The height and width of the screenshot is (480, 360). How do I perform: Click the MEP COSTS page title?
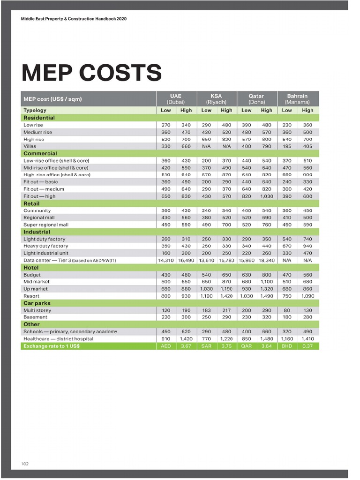pyautogui.click(x=91, y=73)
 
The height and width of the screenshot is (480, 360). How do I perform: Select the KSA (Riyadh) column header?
pyautogui.click(x=216, y=99)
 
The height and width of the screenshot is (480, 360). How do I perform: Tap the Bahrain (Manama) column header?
pyautogui.click(x=297, y=99)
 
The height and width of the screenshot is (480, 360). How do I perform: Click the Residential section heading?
pyautogui.click(x=39, y=118)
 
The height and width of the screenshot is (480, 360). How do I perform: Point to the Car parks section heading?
pyautogui.click(x=37, y=303)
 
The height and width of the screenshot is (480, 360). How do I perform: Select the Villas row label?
pyautogui.click(x=30, y=146)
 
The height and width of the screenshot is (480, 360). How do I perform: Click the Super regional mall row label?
pyautogui.click(x=46, y=225)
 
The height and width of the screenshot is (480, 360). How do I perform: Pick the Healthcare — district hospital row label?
pyautogui.click(x=58, y=338)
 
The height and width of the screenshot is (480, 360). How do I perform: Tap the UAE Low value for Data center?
pyautogui.click(x=166, y=260)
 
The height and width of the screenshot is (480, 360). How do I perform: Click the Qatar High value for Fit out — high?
pyautogui.click(x=266, y=196)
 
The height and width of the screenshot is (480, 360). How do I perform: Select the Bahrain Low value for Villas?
pyautogui.click(x=287, y=146)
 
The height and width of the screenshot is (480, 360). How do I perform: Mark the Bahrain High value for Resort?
pyautogui.click(x=307, y=296)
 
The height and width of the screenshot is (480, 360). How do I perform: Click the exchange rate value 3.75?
pyautogui.click(x=226, y=346)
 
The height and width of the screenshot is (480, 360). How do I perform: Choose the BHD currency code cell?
pyautogui.click(x=287, y=346)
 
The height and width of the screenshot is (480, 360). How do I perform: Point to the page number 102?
pyautogui.click(x=25, y=464)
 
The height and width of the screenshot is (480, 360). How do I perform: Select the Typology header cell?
pyautogui.click(x=35, y=110)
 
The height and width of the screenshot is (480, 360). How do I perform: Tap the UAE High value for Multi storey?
pyautogui.click(x=186, y=310)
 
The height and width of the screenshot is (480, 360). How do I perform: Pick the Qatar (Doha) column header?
pyautogui.click(x=256, y=99)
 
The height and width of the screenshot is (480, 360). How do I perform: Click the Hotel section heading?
pyautogui.click(x=31, y=268)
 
